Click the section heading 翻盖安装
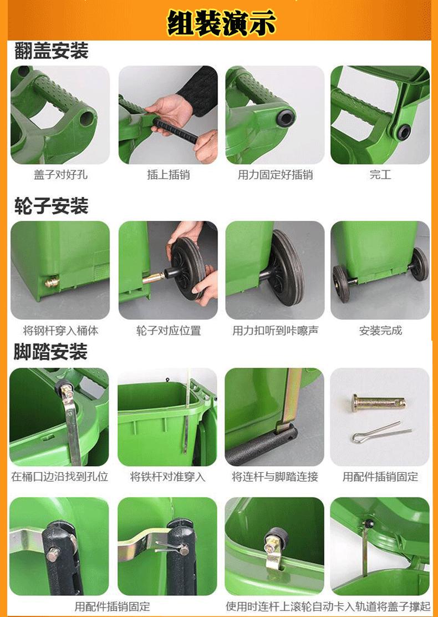click(51, 52)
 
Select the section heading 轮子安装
click(51, 206)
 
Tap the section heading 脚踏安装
click(51, 352)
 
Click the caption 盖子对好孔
click(60, 175)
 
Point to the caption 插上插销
click(168, 175)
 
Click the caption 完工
click(380, 175)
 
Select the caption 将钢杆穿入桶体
click(60, 331)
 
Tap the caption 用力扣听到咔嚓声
click(275, 331)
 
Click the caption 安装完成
click(380, 331)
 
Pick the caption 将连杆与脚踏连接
click(275, 477)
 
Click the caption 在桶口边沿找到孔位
click(60, 477)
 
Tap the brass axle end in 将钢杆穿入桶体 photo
click(52, 282)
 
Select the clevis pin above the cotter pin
click(378, 402)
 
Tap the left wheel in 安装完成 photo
click(341, 283)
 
